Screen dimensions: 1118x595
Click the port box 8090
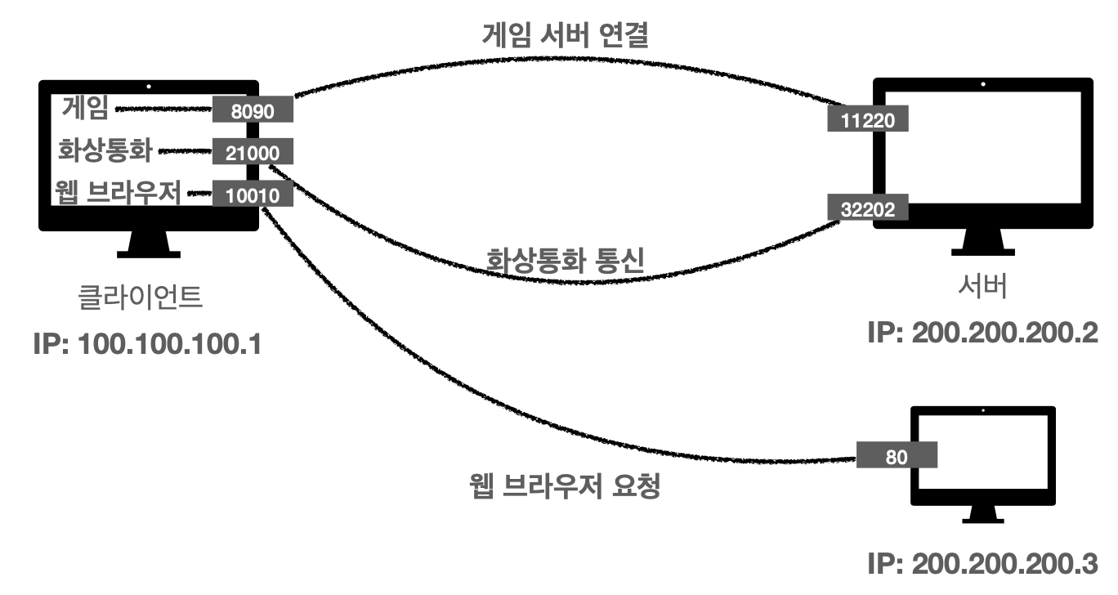point(252,110)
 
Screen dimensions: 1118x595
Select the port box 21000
point(252,152)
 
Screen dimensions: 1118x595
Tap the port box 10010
point(252,195)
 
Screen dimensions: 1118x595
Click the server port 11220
point(868,121)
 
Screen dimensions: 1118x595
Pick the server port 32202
point(868,208)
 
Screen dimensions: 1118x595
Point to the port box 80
point(897,455)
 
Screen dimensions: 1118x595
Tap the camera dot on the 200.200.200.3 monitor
point(982,410)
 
